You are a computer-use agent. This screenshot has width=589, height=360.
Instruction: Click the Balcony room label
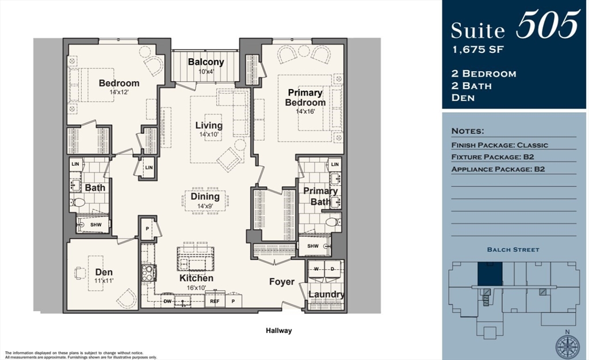click(206, 62)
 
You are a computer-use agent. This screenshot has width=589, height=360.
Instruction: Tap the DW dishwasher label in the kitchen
click(167, 301)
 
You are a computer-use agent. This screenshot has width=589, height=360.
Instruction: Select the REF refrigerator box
click(215, 300)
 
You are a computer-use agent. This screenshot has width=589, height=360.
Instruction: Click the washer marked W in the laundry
click(316, 269)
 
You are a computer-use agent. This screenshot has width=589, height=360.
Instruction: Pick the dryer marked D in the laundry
click(333, 269)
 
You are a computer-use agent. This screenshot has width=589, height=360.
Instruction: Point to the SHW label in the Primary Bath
click(313, 246)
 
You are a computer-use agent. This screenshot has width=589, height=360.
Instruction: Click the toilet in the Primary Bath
click(333, 222)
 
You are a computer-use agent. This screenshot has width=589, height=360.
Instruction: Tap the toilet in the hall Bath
click(78, 202)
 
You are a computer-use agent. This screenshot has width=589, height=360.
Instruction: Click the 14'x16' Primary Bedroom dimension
click(305, 112)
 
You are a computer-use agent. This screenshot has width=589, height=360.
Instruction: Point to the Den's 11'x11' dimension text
click(104, 281)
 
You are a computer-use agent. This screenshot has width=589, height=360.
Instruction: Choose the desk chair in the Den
click(79, 273)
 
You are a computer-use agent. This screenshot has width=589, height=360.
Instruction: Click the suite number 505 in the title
click(548, 24)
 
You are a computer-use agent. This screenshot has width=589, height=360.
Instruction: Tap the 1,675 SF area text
click(478, 50)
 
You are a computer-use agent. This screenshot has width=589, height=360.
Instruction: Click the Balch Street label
click(513, 250)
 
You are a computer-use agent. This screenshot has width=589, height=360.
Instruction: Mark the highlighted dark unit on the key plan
click(490, 273)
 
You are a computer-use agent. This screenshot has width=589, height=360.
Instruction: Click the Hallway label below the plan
click(279, 331)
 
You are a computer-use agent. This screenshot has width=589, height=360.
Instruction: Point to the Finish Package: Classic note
click(500, 145)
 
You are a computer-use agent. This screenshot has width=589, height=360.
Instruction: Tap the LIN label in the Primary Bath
click(335, 164)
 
